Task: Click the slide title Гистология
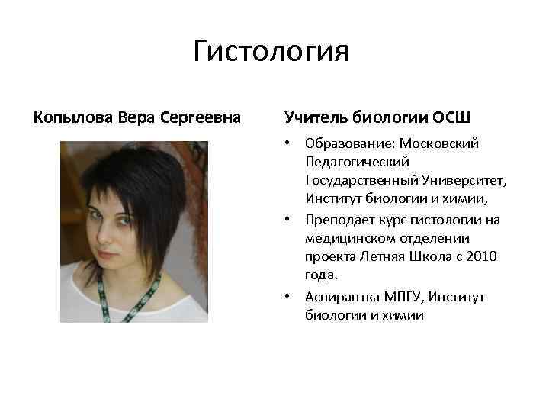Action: pyautogui.click(x=271, y=53)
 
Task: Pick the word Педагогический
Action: pyautogui.click(x=357, y=162)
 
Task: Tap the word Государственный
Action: pyautogui.click(x=363, y=181)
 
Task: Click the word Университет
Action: pyautogui.click(x=467, y=181)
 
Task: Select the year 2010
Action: pyautogui.click(x=482, y=257)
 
